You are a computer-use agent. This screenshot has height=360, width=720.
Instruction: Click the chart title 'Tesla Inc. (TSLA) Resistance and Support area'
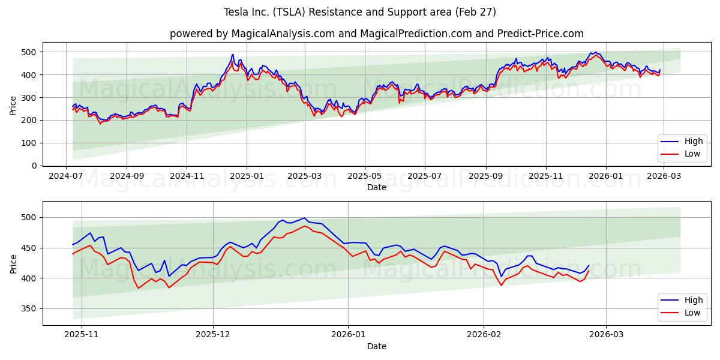pyautogui.click(x=359, y=12)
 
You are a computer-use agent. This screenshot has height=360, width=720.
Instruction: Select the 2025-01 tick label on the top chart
pyautogui.click(x=247, y=177)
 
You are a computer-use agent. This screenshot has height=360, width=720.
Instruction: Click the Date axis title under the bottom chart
pyautogui.click(x=376, y=346)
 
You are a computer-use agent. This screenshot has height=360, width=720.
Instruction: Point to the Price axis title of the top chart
pyautogui.click(x=13, y=106)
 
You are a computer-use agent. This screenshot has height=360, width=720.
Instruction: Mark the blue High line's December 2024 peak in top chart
pyautogui.click(x=233, y=55)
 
